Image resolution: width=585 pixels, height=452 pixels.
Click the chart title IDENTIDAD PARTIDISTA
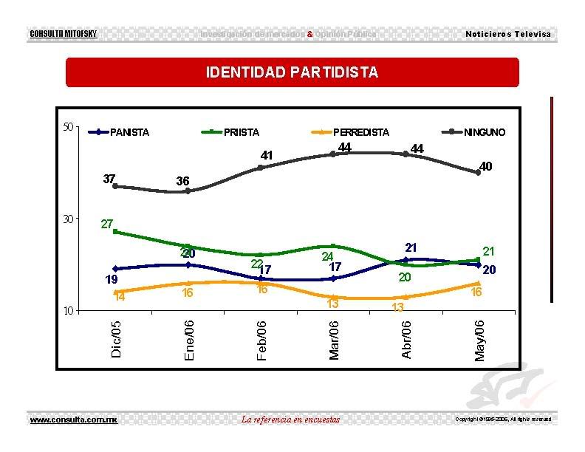coord(292,72)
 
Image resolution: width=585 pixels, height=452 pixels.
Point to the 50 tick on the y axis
coord(66,127)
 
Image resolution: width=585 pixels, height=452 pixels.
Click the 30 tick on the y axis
coord(66,219)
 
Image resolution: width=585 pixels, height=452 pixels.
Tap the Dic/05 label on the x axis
coord(116,340)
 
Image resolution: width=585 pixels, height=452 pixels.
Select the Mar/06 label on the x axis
coord(334,340)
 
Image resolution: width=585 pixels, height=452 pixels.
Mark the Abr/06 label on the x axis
coord(406,340)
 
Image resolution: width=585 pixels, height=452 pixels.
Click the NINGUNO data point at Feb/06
coord(261,168)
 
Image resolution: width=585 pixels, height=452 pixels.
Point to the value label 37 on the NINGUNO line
coord(109,178)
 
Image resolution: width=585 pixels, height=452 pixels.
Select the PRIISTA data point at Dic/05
coord(115,232)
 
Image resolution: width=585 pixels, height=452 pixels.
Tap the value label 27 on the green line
coord(106,223)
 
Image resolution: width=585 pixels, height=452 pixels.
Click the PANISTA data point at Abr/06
coord(406,260)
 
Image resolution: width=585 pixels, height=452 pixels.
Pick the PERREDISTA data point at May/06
coord(479,284)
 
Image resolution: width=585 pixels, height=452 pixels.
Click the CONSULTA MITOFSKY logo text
coord(63,35)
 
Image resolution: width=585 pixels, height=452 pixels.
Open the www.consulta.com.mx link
coord(73,420)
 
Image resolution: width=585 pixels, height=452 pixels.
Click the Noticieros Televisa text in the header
coord(508,35)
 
